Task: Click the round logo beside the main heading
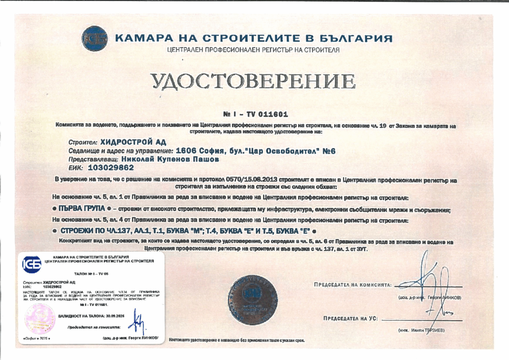94,38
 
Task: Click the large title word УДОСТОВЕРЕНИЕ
254,82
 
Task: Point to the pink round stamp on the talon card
40,318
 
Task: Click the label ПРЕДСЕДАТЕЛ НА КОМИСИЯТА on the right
352,285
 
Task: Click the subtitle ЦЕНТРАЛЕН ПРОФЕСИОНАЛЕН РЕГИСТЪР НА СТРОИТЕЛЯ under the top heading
254,51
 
